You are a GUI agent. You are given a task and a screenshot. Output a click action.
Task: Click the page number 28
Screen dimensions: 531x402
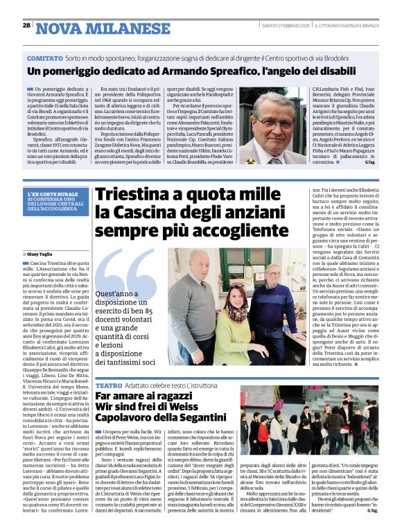point(26,26)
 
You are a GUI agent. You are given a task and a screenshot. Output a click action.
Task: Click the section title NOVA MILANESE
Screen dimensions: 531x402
point(103,28)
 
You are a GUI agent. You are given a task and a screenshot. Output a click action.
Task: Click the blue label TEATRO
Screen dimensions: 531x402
point(108,385)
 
